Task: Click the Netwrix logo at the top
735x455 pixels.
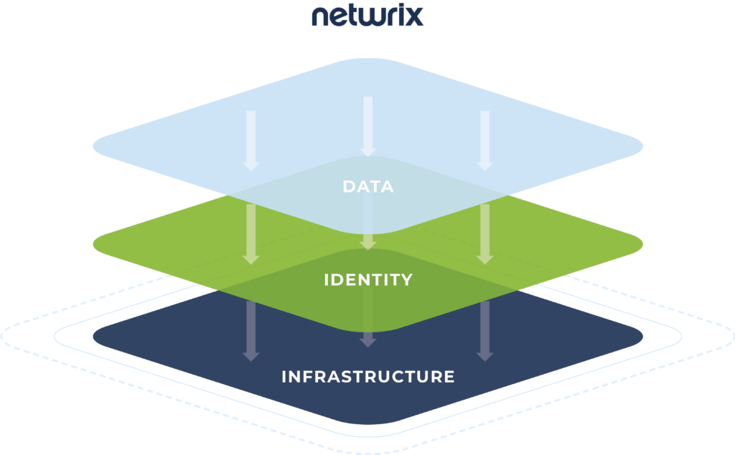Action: [367, 16]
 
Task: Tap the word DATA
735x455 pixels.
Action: [368, 187]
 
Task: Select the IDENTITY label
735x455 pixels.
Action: [368, 280]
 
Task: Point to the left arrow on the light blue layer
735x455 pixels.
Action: [251, 140]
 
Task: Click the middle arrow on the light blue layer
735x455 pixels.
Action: [368, 126]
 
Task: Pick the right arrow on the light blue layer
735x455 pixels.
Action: [485, 140]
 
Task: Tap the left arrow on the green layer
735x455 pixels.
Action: [251, 233]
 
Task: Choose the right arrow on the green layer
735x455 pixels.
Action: [485, 233]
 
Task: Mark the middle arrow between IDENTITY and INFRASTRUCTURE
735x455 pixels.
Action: [368, 319]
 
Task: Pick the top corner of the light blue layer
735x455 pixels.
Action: [368, 60]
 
